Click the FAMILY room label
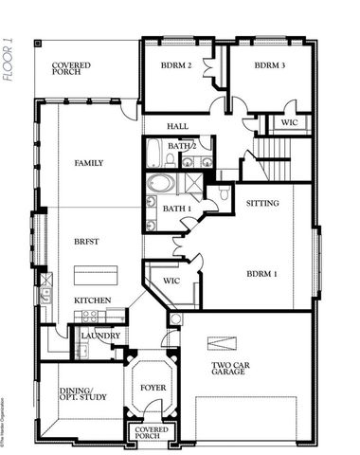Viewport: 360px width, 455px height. (89, 163)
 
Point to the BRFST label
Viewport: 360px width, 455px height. (87, 242)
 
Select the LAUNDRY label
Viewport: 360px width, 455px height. (100, 336)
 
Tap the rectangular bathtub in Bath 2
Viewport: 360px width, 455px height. (156, 154)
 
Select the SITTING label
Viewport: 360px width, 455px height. (262, 203)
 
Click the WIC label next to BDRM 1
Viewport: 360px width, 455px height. (171, 281)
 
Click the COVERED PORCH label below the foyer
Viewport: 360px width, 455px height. (153, 433)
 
